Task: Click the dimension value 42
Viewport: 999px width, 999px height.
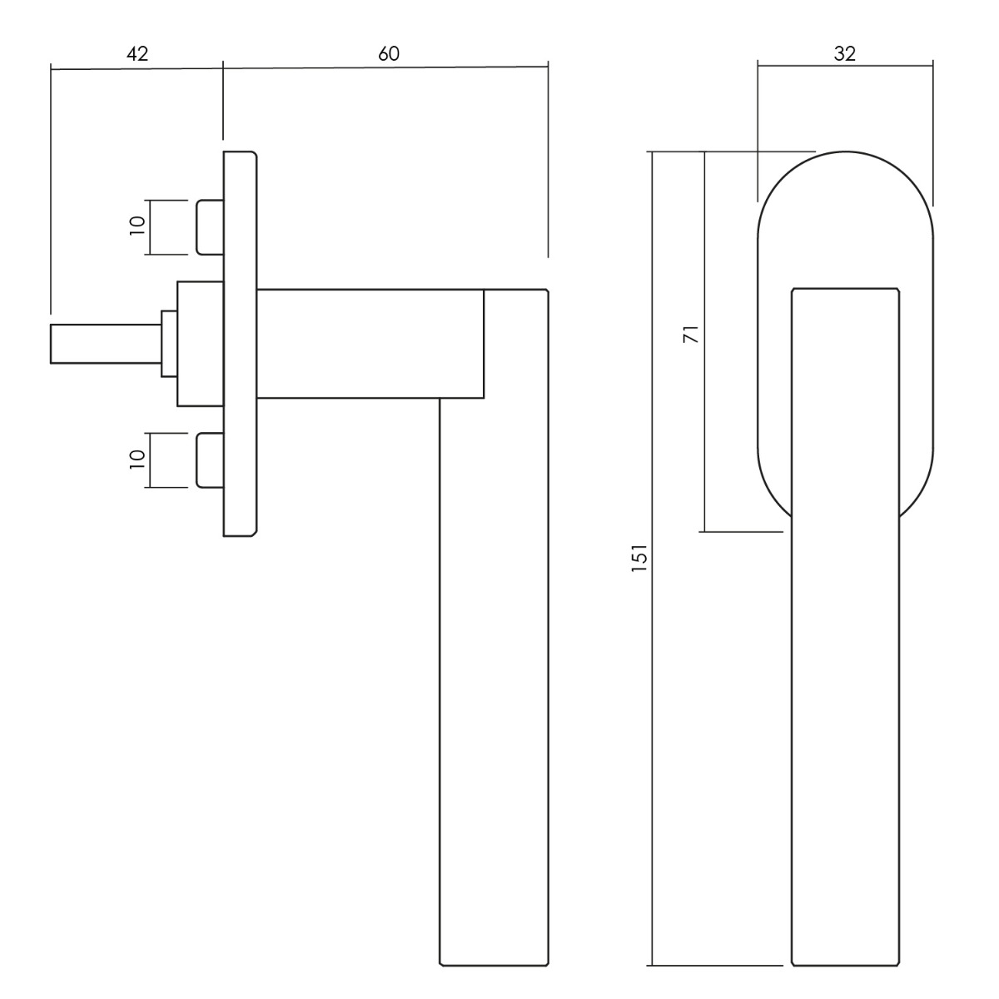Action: click(x=137, y=54)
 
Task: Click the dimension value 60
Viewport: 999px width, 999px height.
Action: click(x=389, y=54)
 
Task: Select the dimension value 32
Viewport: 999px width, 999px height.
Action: click(x=845, y=53)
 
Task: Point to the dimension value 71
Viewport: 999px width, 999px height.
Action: click(x=692, y=335)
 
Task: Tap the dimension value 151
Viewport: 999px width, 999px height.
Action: click(x=639, y=557)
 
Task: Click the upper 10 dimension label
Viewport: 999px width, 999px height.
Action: click(x=137, y=226)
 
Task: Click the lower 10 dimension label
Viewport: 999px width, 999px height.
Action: click(x=137, y=460)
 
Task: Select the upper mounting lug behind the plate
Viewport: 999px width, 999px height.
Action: click(x=210, y=227)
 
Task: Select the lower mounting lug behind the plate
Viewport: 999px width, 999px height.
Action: click(x=210, y=460)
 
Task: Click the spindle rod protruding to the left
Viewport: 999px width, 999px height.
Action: click(x=106, y=344)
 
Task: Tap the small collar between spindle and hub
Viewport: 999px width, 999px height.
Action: click(x=169, y=344)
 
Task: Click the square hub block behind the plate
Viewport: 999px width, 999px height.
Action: click(x=200, y=344)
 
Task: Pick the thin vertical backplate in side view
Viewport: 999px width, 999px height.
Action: click(x=240, y=344)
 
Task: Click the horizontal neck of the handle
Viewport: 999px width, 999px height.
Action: click(x=370, y=344)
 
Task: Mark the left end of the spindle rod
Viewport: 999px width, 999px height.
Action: click(x=51, y=344)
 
